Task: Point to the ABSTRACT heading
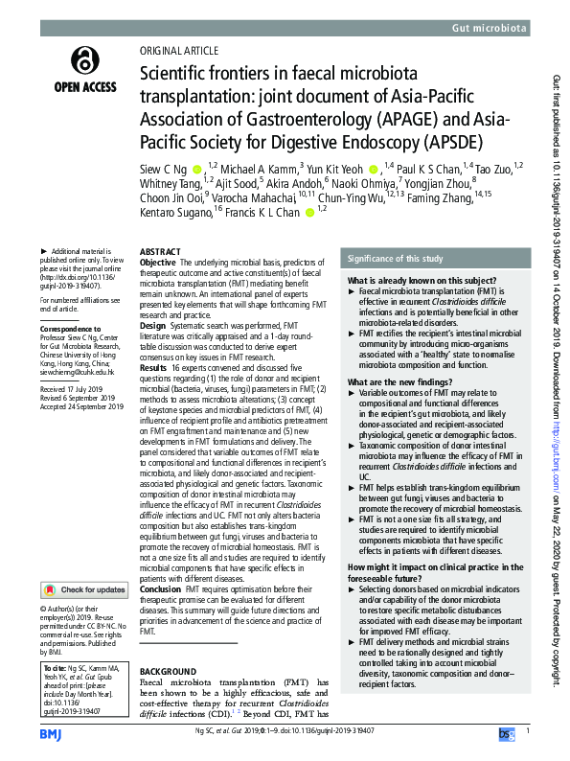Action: [160, 251]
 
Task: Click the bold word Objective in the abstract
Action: [158, 262]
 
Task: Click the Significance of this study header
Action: [394, 259]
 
